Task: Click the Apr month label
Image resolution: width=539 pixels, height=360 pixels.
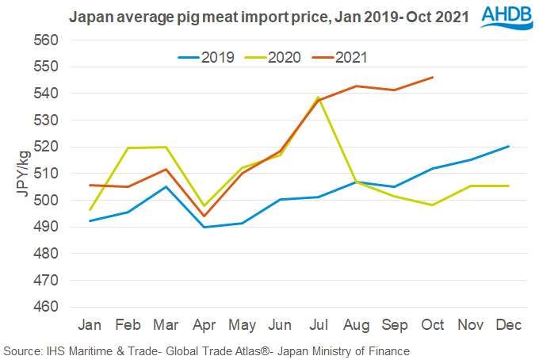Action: click(x=205, y=325)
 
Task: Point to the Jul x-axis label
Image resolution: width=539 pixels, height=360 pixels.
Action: click(x=317, y=325)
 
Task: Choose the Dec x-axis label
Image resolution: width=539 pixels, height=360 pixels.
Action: click(x=508, y=325)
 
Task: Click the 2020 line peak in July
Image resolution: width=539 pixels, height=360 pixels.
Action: click(x=317, y=98)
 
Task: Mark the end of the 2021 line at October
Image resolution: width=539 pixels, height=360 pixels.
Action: click(x=432, y=77)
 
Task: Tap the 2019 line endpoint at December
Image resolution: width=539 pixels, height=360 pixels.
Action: click(x=508, y=146)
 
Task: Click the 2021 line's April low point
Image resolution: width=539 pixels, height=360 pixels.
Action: click(x=205, y=216)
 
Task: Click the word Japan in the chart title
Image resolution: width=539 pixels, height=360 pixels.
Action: click(x=88, y=14)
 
